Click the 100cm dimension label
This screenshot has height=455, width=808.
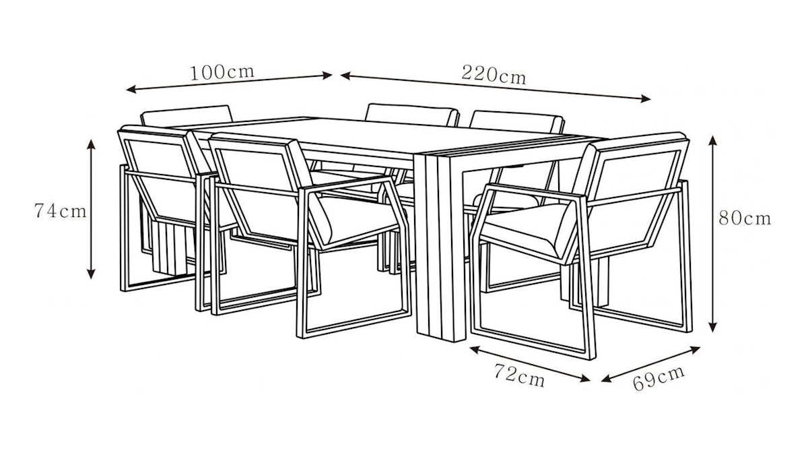click(222, 73)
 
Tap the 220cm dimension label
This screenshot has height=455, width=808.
click(494, 75)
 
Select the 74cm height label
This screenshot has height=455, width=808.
click(61, 211)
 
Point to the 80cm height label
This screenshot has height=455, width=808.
click(745, 218)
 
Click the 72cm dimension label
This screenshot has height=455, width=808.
click(519, 375)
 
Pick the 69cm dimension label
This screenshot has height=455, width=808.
click(659, 378)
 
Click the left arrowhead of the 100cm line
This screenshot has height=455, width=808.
click(131, 89)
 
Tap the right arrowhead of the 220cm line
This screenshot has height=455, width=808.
click(646, 98)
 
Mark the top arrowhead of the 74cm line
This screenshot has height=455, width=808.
click(92, 144)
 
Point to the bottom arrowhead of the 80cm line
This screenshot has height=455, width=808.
click(712, 327)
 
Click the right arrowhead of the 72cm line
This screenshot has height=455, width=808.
click(585, 378)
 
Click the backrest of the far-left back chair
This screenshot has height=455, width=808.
click(187, 116)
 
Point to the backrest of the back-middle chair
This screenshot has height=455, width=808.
click(412, 114)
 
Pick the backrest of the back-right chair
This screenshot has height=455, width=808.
click(516, 122)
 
